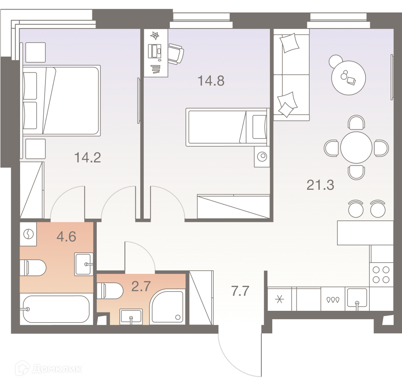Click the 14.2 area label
88,157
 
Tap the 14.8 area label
211,80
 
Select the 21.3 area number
320,185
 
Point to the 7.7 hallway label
240,291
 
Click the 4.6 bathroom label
66,236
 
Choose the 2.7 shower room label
141,286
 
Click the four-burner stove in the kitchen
381,275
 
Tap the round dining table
356,147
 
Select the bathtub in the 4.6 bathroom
56,309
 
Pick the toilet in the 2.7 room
110,291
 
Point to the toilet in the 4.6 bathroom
33,268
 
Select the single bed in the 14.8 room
228,127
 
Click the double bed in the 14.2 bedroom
61,101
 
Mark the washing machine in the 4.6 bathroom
28,234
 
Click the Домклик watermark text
57,369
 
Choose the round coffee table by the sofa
349,78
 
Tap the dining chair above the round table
356,122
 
